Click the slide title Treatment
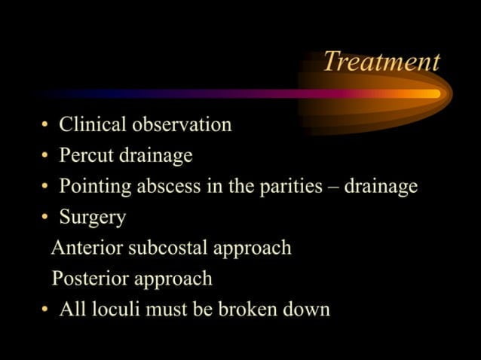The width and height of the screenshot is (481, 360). click(381, 62)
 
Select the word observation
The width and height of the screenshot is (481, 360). click(181, 124)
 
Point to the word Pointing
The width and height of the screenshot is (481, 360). click(96, 187)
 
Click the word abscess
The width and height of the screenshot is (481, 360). click(170, 186)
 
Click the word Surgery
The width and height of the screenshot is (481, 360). click(93, 218)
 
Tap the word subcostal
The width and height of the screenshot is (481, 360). click(170, 248)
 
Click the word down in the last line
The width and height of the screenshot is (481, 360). click(307, 310)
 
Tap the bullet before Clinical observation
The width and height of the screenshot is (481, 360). click(45, 125)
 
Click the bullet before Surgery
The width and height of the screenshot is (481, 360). click(45, 218)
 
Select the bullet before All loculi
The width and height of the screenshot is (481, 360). click(45, 310)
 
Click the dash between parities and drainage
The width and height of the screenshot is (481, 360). click(333, 188)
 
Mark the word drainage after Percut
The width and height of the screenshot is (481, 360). click(158, 156)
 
